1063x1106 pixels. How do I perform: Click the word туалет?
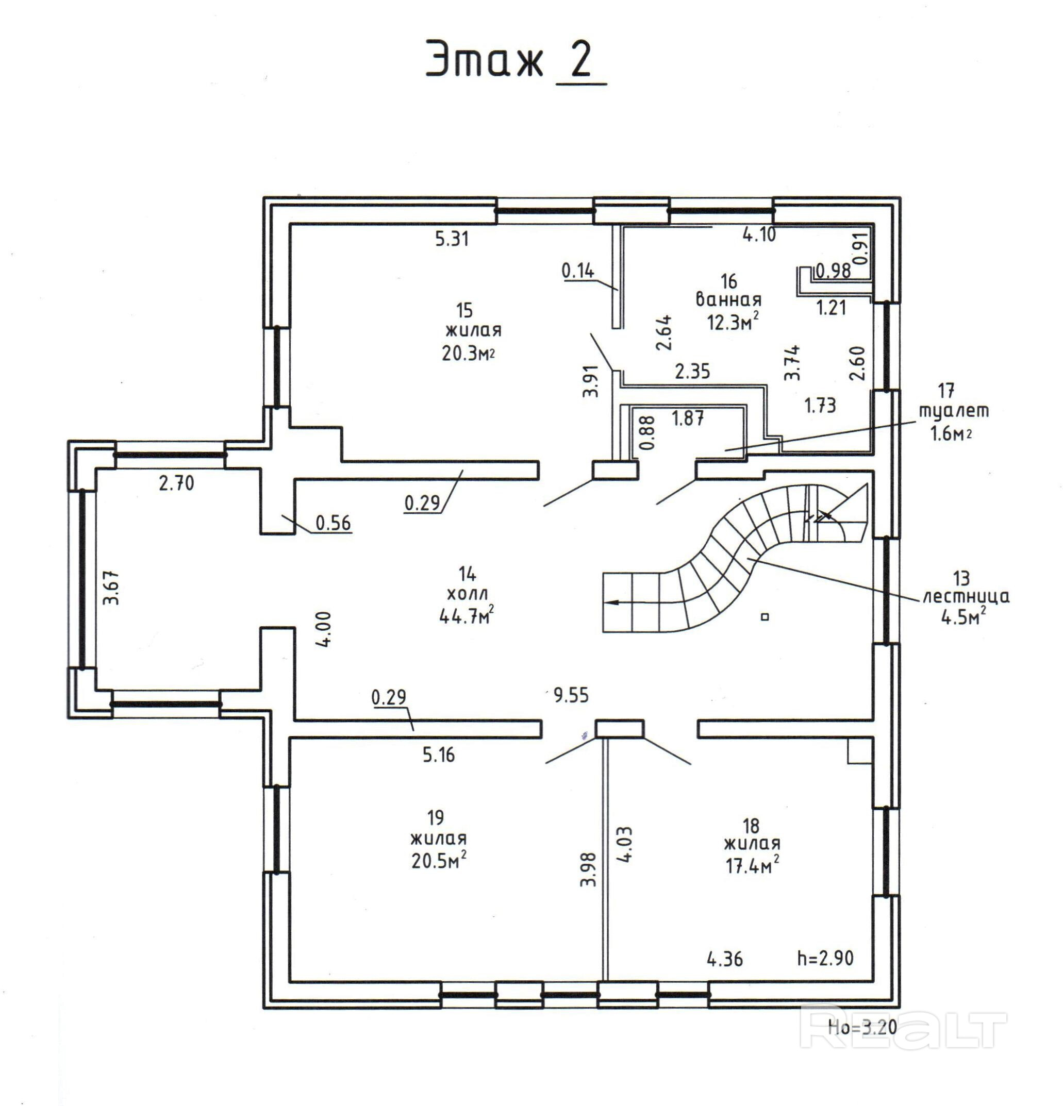pos(954,411)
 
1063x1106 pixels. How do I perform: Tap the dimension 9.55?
pos(571,695)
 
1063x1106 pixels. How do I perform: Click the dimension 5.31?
pos(452,239)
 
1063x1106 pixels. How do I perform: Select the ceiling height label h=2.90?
pos(825,958)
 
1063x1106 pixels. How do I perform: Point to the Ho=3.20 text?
pos(862,1027)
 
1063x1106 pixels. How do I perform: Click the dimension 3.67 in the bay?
pos(111,588)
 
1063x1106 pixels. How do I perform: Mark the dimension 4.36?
pos(725,958)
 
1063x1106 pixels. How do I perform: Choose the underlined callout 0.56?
pos(333,523)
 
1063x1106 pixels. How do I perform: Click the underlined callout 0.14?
pos(578,272)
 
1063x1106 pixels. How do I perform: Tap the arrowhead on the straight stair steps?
pos(611,602)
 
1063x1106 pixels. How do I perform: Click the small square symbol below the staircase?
pos(766,617)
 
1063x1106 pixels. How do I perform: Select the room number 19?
pos(435,816)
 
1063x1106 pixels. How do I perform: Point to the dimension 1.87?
pos(688,418)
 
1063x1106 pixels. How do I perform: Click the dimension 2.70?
pos(176,483)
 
